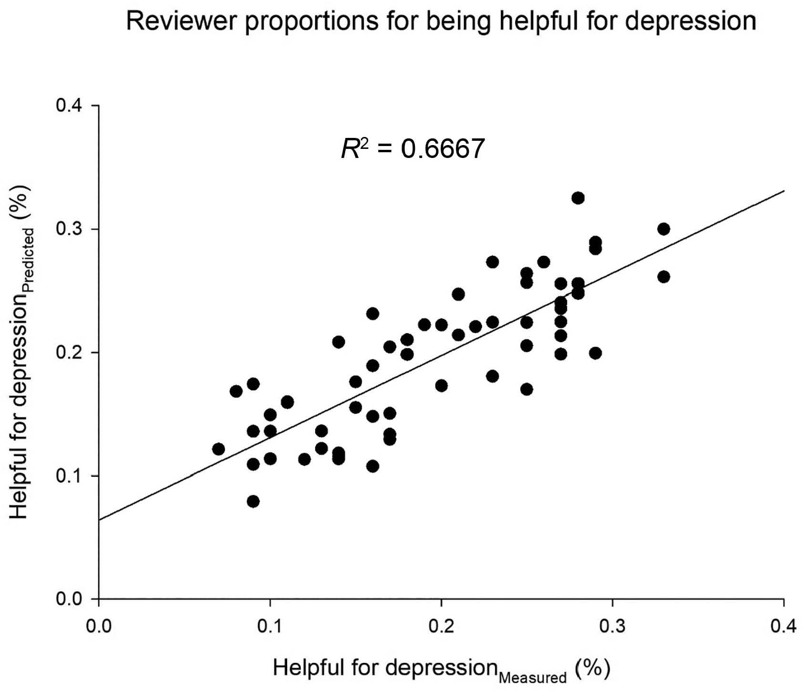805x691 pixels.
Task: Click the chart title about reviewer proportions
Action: (441, 21)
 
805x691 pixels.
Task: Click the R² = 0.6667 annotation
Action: (413, 149)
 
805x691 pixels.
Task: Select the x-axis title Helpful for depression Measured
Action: (441, 670)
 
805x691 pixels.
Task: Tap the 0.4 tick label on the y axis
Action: (70, 105)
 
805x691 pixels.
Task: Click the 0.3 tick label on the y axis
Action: (70, 229)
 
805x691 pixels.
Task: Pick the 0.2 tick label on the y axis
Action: (70, 353)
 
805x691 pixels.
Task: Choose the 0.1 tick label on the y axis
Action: (70, 476)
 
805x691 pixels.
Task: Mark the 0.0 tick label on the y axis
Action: (70, 599)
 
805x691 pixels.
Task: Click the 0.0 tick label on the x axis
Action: (99, 625)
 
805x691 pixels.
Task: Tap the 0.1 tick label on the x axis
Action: (270, 625)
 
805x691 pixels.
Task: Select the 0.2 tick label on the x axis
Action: (441, 625)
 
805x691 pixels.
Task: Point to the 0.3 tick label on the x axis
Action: (612, 625)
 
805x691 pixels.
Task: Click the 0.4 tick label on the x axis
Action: (784, 625)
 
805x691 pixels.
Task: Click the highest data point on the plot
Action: (578, 198)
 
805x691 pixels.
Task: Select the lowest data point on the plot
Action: (253, 502)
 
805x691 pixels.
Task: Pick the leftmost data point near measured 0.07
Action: (218, 449)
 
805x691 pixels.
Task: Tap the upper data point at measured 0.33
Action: (663, 229)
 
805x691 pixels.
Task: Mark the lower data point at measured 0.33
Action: (663, 277)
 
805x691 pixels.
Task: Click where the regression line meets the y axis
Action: (99, 520)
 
